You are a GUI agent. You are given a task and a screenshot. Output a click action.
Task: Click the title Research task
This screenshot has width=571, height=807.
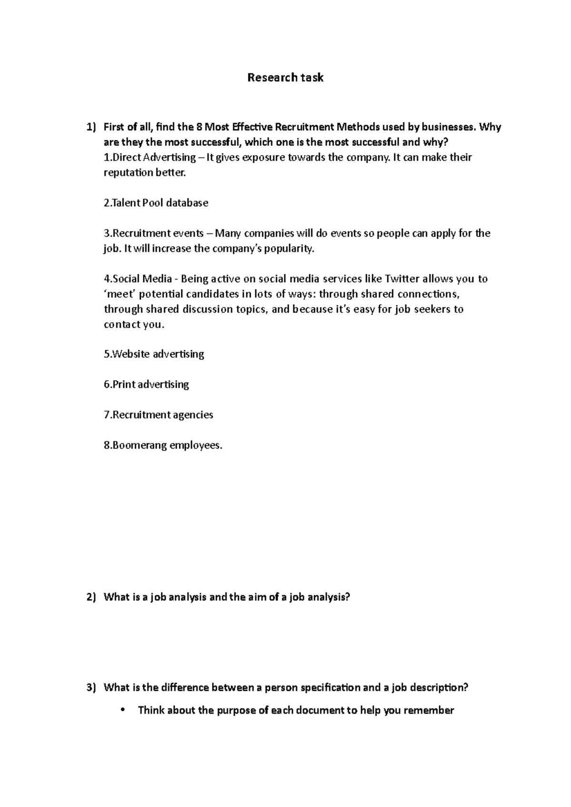coord(285,77)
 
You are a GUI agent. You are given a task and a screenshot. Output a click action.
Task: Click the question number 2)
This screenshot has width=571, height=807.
coord(91,597)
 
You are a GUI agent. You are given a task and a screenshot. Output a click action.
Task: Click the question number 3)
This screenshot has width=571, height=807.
coord(91,688)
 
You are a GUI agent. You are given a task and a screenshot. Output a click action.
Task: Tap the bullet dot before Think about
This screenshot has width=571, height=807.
coord(123,711)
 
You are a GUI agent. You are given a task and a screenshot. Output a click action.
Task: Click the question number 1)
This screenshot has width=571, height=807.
coord(91,127)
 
